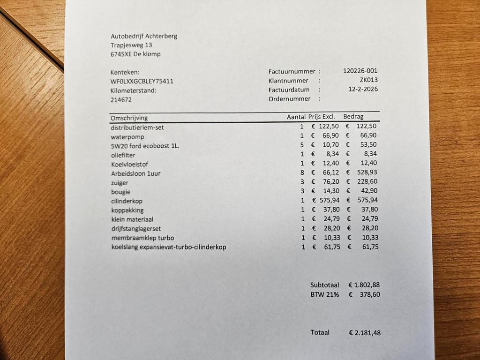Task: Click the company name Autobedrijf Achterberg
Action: click(x=144, y=36)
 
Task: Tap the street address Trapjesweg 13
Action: click(x=131, y=45)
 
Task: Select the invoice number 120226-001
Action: click(x=360, y=71)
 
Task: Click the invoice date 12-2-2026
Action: click(x=363, y=89)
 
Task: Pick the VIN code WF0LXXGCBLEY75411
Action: click(x=142, y=81)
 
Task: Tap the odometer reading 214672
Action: click(x=121, y=100)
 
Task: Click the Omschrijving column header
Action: click(x=129, y=118)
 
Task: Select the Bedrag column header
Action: click(x=353, y=117)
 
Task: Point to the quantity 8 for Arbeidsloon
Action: click(x=302, y=173)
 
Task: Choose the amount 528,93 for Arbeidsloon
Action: click(x=367, y=173)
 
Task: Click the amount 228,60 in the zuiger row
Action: click(x=367, y=182)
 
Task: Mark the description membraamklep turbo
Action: click(x=142, y=238)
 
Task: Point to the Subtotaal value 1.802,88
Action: click(x=367, y=285)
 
